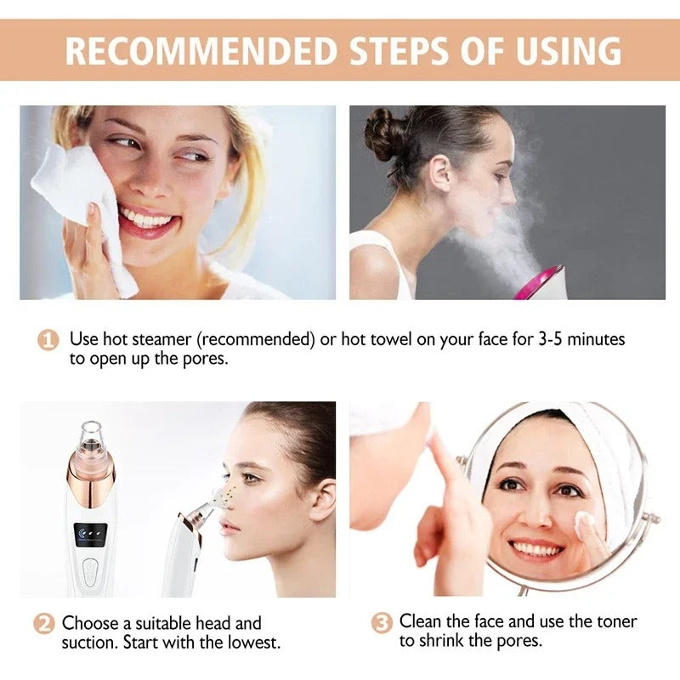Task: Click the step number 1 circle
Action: pos(48,340)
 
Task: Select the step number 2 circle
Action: pos(43,624)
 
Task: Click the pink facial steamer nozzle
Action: pos(539,282)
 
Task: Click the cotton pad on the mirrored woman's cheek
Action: pos(586,528)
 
